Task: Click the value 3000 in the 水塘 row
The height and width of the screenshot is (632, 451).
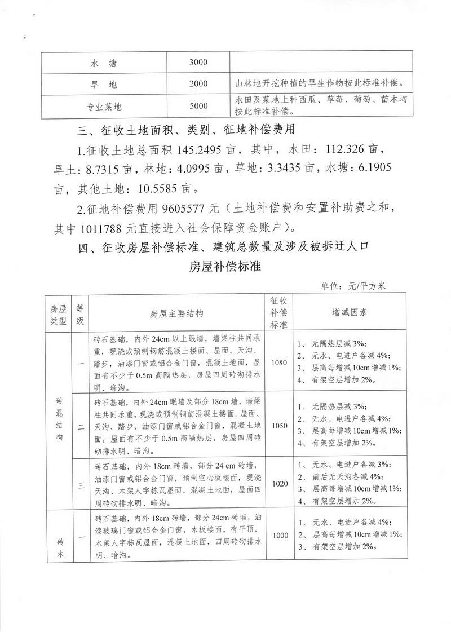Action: [x=199, y=62]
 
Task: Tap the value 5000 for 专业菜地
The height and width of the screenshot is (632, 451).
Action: [x=199, y=105]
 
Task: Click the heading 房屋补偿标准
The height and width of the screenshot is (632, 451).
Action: [x=225, y=267]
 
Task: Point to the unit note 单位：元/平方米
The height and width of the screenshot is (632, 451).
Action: [x=352, y=286]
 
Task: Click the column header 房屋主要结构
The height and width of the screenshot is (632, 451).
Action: [x=176, y=313]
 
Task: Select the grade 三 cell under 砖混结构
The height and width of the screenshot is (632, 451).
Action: [x=80, y=483]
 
